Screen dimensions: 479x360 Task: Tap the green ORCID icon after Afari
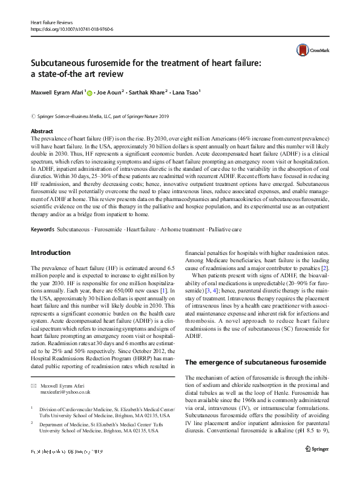coord(90,93)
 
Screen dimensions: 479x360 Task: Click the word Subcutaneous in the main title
coord(68,63)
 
